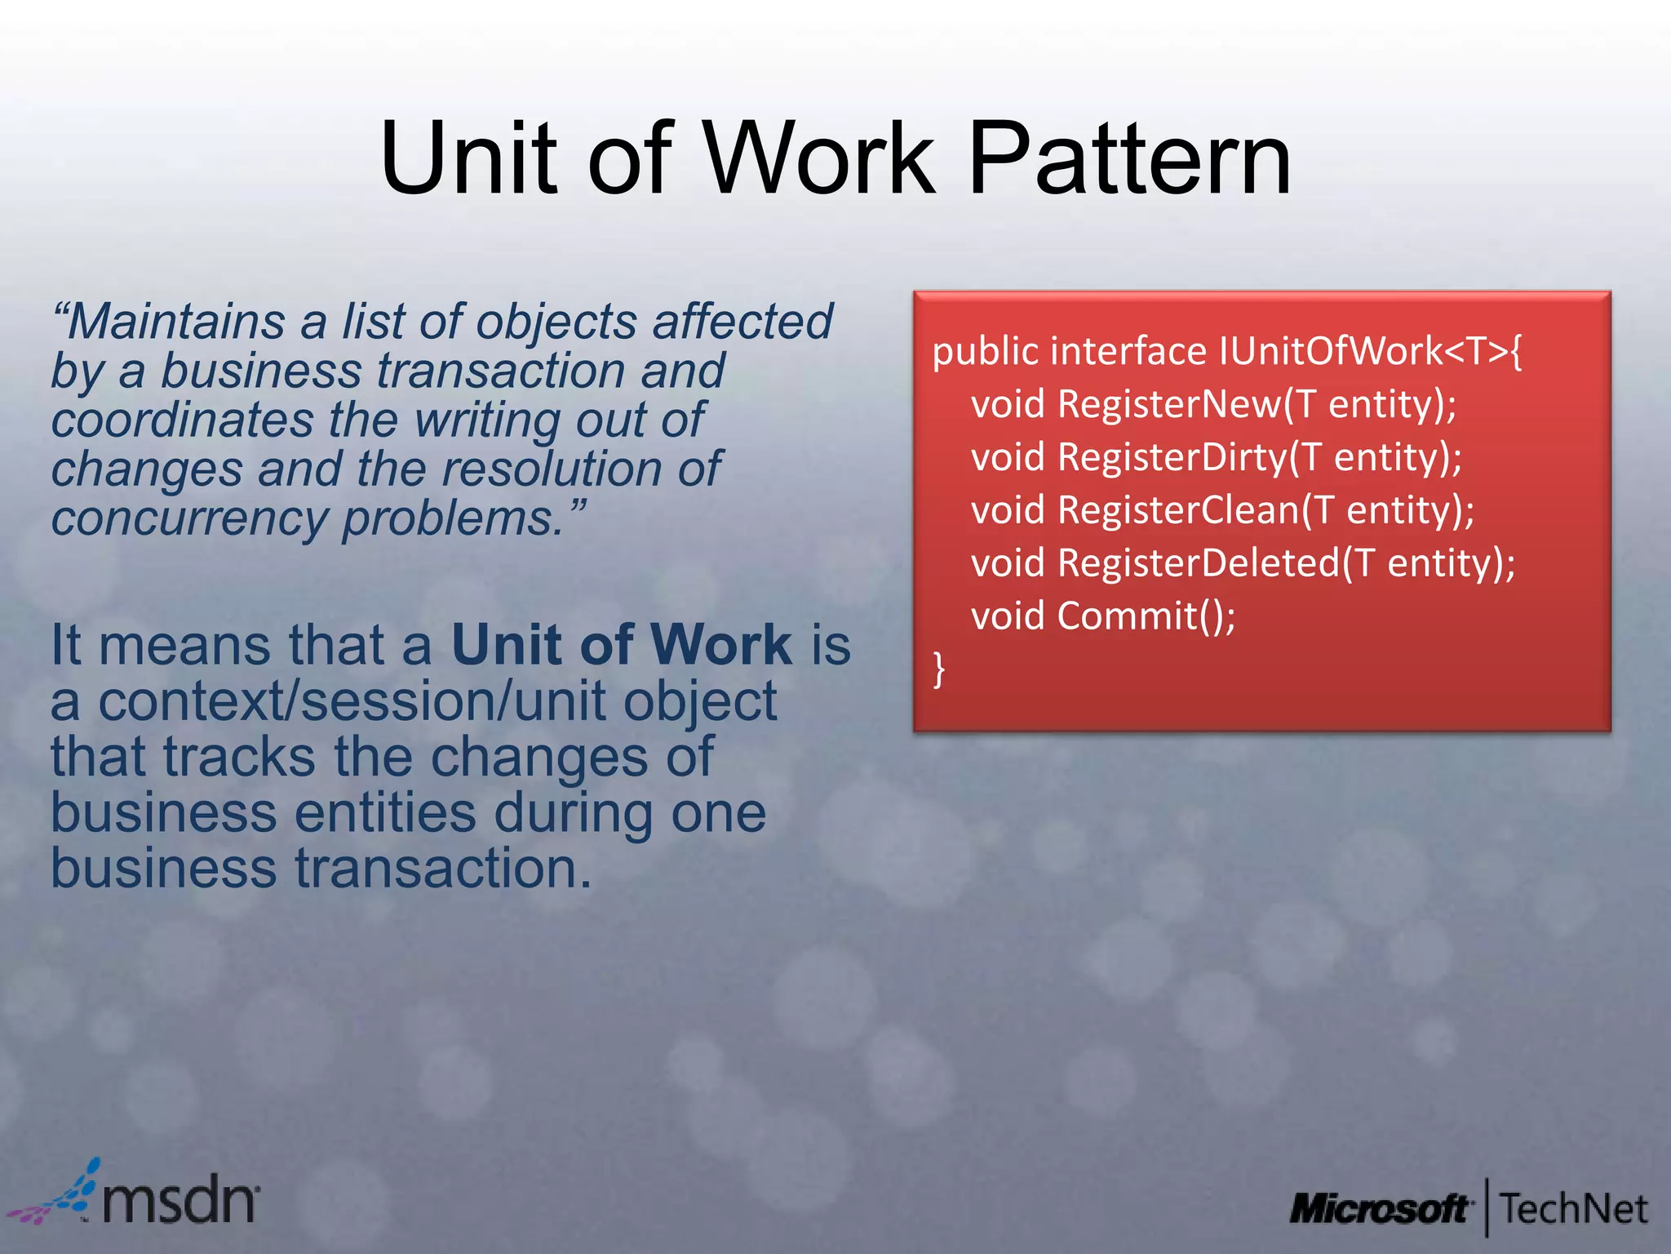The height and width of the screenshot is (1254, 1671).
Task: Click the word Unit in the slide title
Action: [468, 159]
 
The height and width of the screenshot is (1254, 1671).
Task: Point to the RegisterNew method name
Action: [1170, 404]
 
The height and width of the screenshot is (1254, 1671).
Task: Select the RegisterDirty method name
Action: [1172, 457]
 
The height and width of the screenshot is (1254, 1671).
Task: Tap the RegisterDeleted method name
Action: [1199, 563]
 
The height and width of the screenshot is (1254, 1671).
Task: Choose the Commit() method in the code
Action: [1146, 616]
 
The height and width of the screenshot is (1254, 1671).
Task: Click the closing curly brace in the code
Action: [939, 669]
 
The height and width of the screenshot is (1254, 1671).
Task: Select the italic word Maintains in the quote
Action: [175, 322]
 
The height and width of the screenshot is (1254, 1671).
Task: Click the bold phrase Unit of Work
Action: [621, 645]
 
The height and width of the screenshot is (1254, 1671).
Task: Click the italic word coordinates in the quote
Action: [183, 420]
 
